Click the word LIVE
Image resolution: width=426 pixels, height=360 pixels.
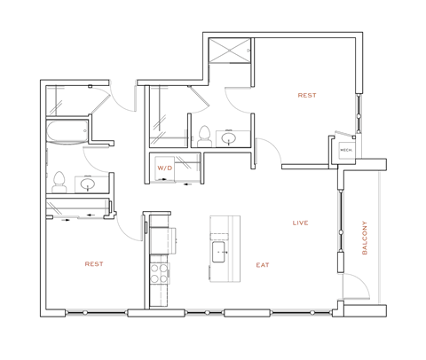pos(300,223)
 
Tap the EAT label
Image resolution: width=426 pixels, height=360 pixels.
pos(263,264)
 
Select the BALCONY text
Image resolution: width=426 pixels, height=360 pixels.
pos(364,238)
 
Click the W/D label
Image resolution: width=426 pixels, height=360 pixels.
pos(164,167)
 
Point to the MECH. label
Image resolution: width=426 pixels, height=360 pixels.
pos(345,150)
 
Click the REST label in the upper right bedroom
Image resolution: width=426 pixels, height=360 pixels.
pos(307,95)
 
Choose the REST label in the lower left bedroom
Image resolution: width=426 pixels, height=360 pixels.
pos(95,264)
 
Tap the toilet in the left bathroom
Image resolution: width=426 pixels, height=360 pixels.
pos(59,181)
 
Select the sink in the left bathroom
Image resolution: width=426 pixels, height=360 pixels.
pos(88,184)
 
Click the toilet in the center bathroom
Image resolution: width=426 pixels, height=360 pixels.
pos(203,135)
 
